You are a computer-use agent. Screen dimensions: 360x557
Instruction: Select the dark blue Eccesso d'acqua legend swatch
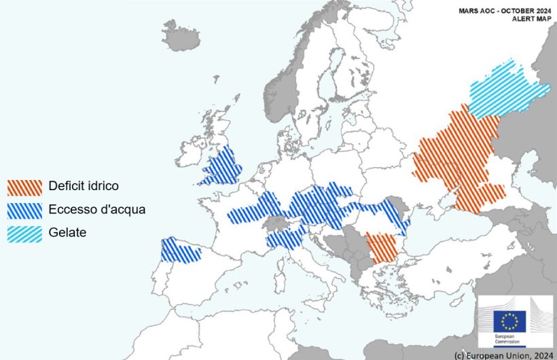tap(24, 210)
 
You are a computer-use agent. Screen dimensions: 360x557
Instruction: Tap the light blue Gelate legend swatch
tap(24, 233)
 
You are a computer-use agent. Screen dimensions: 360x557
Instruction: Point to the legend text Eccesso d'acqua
tap(96, 209)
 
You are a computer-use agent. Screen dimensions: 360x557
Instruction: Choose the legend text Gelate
tap(67, 232)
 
